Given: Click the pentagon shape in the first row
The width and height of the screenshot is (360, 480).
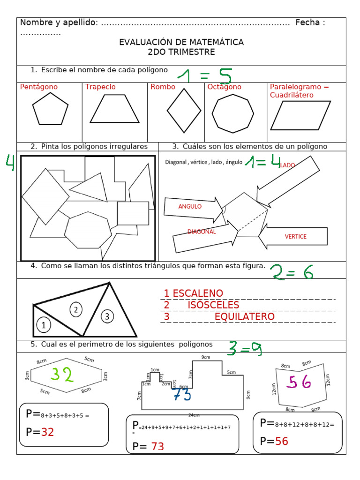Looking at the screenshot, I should (x=50, y=109).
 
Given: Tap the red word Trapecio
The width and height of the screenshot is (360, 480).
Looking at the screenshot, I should (x=100, y=87).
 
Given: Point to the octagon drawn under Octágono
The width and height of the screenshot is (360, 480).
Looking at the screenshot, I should (x=232, y=113).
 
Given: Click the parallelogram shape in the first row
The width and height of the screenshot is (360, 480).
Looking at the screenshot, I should (x=300, y=115).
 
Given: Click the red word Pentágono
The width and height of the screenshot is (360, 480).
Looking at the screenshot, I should (x=39, y=87).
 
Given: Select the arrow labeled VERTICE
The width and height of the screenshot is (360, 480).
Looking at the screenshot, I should (x=293, y=236).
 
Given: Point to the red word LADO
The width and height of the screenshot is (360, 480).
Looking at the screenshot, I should (x=287, y=165).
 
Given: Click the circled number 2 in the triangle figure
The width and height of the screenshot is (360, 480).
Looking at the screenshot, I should (x=76, y=309).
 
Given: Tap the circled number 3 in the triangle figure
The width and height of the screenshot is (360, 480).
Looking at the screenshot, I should (x=107, y=316).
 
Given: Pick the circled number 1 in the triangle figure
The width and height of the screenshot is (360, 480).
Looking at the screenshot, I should (x=43, y=324).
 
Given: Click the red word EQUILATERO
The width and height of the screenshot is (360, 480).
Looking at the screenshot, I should (x=245, y=317).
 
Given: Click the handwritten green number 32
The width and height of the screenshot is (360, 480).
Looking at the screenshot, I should (x=62, y=375).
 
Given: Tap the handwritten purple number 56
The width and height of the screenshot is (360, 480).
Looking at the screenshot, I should (x=300, y=382).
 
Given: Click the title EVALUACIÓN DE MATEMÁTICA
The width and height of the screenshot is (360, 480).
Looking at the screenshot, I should (x=181, y=42).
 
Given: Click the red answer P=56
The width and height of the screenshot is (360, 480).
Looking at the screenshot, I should (x=274, y=441).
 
